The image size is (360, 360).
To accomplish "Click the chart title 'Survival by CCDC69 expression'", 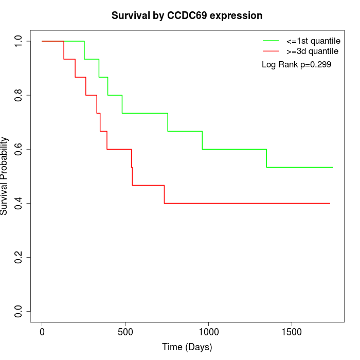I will [187, 16].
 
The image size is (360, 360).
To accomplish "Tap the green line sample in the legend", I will [271, 41].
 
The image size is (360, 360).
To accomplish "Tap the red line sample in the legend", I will [271, 51].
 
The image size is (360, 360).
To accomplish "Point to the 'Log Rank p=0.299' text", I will [296, 65].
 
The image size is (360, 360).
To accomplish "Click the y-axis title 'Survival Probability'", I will [5, 176].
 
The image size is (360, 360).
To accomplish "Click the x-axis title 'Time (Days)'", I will [187, 347].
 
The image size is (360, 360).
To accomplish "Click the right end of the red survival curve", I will [329, 203].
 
